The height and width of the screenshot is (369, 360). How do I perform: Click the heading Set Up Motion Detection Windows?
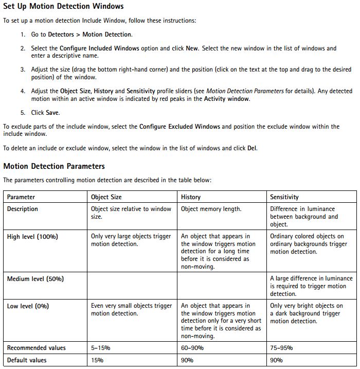coord(63,7)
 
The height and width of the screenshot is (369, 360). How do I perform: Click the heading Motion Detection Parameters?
coord(54,166)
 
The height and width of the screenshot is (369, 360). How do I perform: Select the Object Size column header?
coord(107,197)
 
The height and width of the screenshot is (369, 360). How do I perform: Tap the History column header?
coord(191,197)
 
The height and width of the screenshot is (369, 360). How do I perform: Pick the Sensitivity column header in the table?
coord(284,197)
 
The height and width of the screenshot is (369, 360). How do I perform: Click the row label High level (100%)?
coord(32,237)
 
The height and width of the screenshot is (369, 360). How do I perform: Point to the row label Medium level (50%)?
coord(35,279)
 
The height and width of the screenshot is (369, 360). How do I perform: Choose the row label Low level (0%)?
coord(28,306)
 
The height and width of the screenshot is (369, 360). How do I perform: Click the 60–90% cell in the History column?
coord(192,348)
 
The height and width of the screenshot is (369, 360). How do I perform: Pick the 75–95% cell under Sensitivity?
coord(281,348)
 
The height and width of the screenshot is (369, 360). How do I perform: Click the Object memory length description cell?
coord(211,209)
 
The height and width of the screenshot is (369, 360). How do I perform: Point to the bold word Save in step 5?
coord(52,113)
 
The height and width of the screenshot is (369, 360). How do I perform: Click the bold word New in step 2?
coord(192,48)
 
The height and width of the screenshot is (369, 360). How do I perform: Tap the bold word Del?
coord(251,148)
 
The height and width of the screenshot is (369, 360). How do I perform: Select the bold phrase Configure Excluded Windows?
coord(179,127)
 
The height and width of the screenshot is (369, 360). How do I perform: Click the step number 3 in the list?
coord(23,69)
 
